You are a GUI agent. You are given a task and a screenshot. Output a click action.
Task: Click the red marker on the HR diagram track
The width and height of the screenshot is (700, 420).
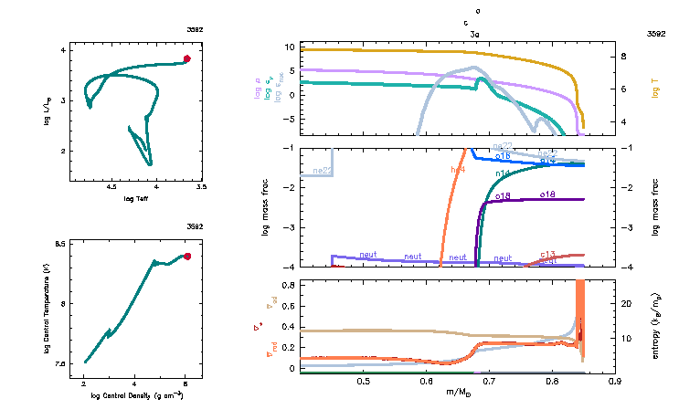pos(186,58)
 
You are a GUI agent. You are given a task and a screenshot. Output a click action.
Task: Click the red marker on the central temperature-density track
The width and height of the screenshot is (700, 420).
pos(187,257)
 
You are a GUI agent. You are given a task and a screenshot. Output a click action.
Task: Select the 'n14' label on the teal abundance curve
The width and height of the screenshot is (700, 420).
pos(503,173)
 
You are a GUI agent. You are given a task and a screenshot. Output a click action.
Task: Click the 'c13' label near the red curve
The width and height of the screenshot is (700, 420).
pos(548,254)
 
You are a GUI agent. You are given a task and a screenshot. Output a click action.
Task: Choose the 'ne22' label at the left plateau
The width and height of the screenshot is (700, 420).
pos(322,170)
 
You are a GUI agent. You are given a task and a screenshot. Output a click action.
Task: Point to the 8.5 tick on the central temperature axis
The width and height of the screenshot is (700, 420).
pos(60,244)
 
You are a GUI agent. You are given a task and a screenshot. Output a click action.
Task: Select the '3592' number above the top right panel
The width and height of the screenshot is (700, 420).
pos(655,33)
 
